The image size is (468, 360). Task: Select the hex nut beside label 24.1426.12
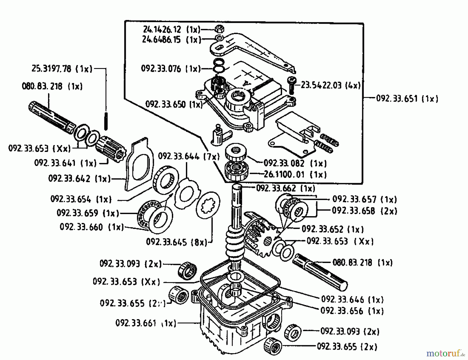[220, 28]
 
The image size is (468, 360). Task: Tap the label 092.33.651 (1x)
[407, 99]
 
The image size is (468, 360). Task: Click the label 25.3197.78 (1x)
[62, 69]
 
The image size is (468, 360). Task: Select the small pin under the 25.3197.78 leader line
[106, 121]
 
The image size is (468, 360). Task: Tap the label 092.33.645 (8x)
[177, 242]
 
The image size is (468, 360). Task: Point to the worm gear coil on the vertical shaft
[234, 243]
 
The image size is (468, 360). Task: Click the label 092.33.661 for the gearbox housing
[146, 323]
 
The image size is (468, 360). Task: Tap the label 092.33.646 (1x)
[352, 300]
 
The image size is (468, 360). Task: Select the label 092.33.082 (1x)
[295, 163]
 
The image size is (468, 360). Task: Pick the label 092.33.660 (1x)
[92, 227]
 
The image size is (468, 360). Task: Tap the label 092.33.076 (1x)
[171, 69]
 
